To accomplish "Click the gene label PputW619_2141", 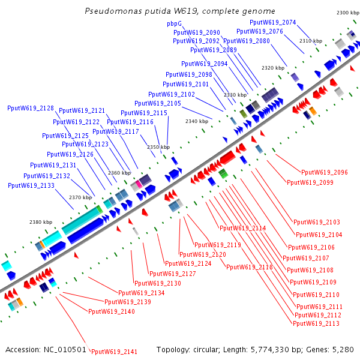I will [114, 352].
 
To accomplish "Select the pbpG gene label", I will [174, 24].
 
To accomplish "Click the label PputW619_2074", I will [273, 22].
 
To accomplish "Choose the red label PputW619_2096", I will [325, 172].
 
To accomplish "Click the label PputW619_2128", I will [31, 109].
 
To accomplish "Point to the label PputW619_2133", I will [31, 185].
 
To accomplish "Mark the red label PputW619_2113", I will [316, 323].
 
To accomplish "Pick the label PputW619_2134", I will [142, 293].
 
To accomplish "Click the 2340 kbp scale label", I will [196, 121].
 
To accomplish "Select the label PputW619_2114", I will [243, 228].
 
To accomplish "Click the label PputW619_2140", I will [112, 311].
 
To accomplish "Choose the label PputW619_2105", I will [158, 103].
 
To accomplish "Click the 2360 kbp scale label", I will [119, 173].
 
